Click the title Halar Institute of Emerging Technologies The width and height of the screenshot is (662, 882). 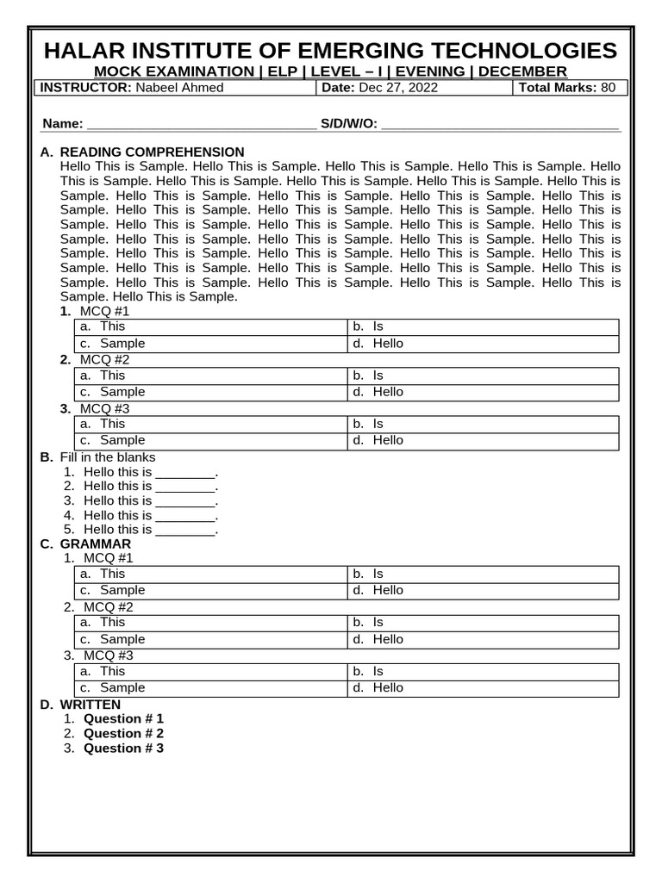click(x=330, y=51)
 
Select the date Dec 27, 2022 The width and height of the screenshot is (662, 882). click(x=398, y=88)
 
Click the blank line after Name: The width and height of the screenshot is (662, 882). click(x=200, y=124)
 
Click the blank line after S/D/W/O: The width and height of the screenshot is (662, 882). click(x=500, y=124)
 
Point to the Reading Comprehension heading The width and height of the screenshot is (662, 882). click(x=152, y=152)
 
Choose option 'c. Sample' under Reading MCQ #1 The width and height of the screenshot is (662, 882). click(x=122, y=344)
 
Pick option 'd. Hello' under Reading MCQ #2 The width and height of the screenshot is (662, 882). click(x=388, y=392)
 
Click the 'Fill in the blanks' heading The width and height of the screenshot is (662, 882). click(x=108, y=457)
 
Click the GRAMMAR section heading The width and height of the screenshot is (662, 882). click(x=95, y=544)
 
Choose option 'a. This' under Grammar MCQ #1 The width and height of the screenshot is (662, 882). click(x=112, y=574)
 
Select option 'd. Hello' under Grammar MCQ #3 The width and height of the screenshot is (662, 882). click(x=388, y=688)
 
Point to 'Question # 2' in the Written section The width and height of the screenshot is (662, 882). click(x=123, y=734)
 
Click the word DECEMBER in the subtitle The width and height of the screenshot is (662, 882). click(x=522, y=71)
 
